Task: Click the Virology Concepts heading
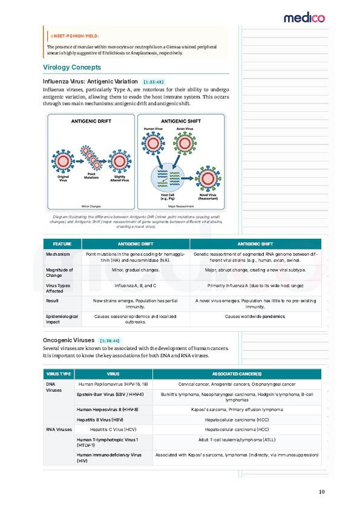click(72, 67)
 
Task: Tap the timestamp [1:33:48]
click(153, 81)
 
